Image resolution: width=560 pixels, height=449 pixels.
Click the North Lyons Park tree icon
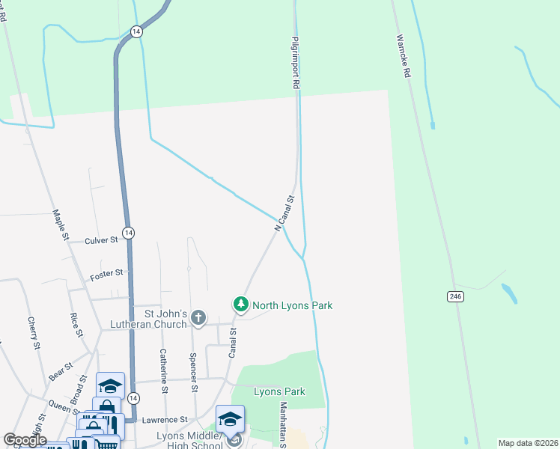(x=241, y=305)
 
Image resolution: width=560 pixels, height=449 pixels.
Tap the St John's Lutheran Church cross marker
(x=198, y=318)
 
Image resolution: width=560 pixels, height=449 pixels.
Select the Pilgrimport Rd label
(x=296, y=64)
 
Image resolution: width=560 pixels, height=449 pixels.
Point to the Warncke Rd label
(x=404, y=55)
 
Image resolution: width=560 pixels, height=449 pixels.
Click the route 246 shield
(x=456, y=297)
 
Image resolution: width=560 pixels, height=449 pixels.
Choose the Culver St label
(x=101, y=240)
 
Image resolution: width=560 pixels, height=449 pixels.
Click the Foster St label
(x=106, y=275)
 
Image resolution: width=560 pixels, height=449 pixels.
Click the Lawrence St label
(x=167, y=421)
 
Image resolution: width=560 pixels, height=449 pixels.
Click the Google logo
(x=25, y=440)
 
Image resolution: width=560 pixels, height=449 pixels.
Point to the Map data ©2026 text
(x=528, y=443)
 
